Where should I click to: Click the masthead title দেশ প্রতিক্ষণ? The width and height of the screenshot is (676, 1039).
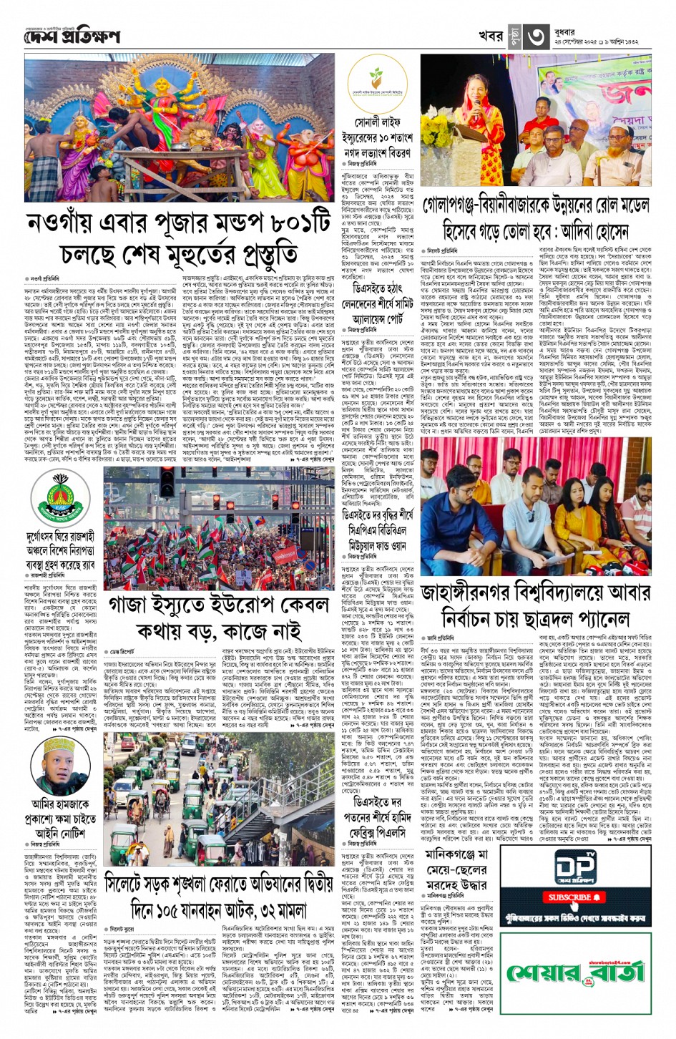tap(71, 36)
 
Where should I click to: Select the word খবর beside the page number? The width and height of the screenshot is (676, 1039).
tap(491, 36)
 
